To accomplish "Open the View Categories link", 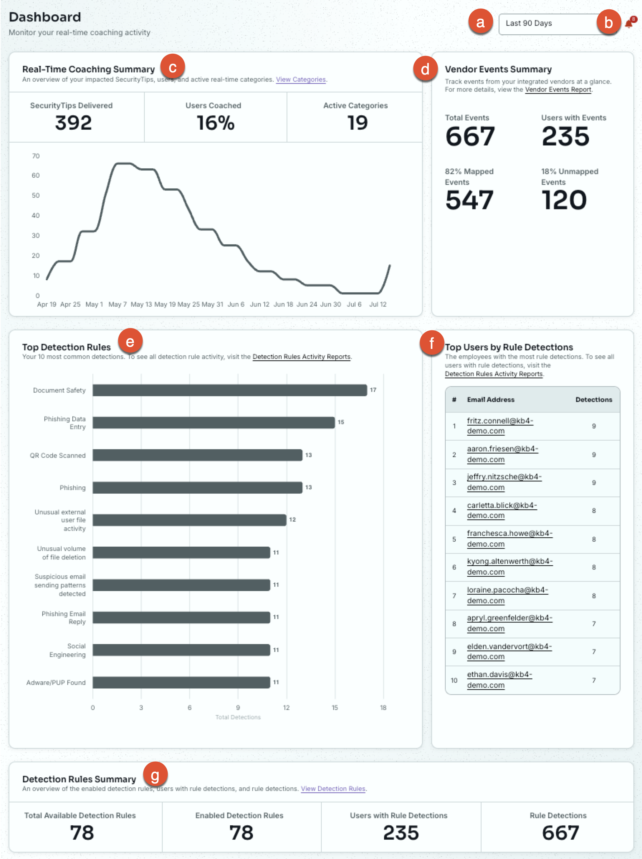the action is point(301,80).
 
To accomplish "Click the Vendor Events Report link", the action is point(558,90).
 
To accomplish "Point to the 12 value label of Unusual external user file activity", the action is point(292,520).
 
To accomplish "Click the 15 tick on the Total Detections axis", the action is point(335,707).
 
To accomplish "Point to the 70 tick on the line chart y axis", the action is point(36,156).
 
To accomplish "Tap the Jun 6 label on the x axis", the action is point(236,304).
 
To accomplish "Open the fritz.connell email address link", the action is point(500,426).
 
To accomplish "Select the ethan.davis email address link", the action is point(499,680).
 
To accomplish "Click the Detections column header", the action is point(593,400).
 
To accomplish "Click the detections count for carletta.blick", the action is point(593,511).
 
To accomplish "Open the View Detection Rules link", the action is point(333,789).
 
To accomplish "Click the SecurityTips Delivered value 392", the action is point(73,123).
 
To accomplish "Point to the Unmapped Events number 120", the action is point(564,200).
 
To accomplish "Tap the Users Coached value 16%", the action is point(216,123).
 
